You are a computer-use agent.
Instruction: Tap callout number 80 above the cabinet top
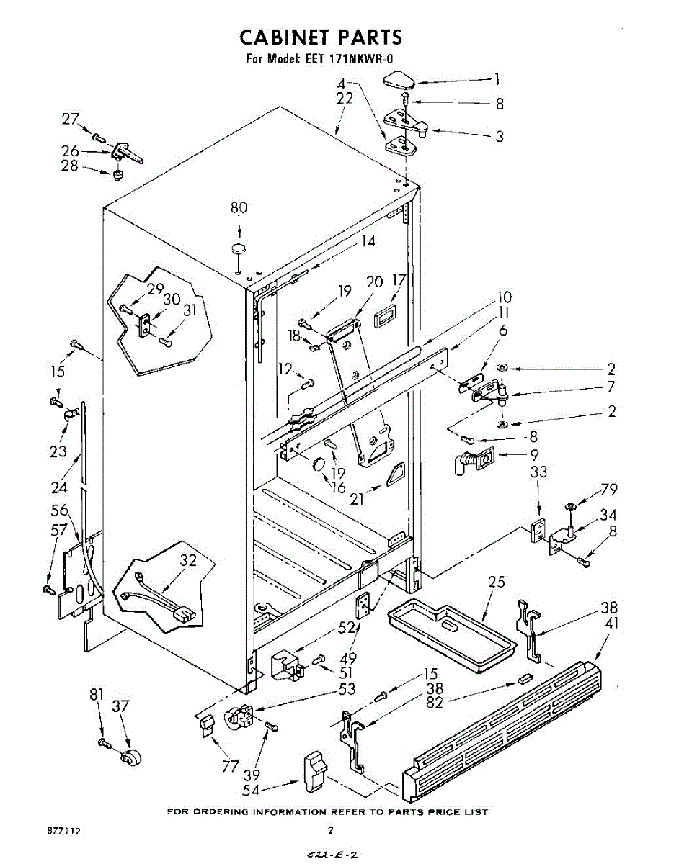click(x=239, y=208)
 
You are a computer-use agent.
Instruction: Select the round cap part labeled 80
click(x=238, y=249)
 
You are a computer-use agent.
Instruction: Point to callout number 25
click(x=497, y=582)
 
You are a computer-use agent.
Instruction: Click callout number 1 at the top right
click(x=497, y=80)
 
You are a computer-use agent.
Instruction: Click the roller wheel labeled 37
click(x=130, y=756)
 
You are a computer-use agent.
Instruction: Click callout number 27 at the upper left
click(x=70, y=120)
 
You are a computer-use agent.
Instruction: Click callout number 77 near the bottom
click(x=230, y=767)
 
